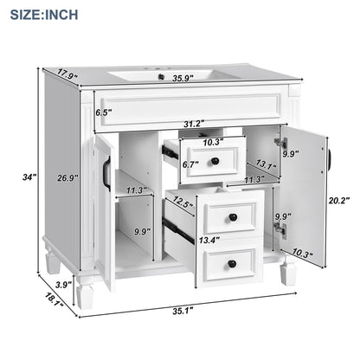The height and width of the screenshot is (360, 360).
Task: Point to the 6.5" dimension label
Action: (x=105, y=112)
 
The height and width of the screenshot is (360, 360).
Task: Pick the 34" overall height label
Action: (x=30, y=177)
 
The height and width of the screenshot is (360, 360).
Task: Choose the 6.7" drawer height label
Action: (x=191, y=162)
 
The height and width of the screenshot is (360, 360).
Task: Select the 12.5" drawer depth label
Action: (x=181, y=202)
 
